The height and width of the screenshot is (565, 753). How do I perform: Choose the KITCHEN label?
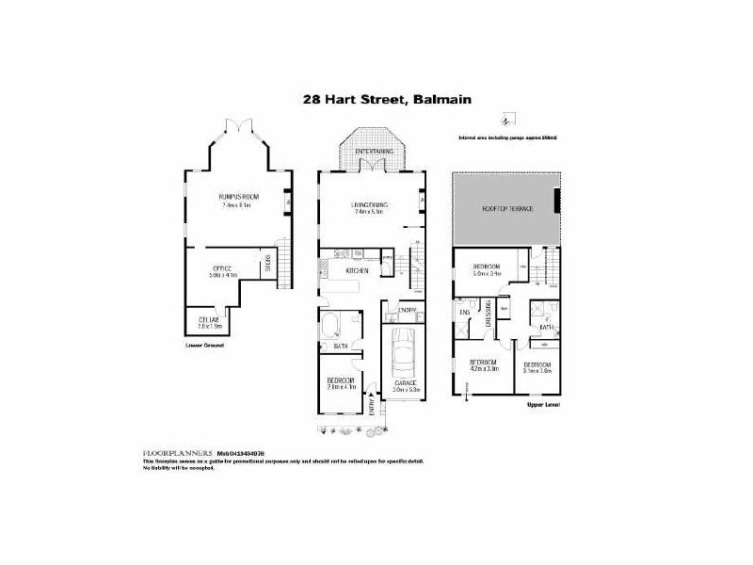tap(358, 270)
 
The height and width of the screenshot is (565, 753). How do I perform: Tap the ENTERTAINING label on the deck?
tap(374, 151)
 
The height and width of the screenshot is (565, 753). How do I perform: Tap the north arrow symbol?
tap(506, 121)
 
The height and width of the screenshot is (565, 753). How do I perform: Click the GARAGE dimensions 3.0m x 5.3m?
tap(407, 389)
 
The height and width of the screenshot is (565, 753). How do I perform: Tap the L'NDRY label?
tap(408, 310)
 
